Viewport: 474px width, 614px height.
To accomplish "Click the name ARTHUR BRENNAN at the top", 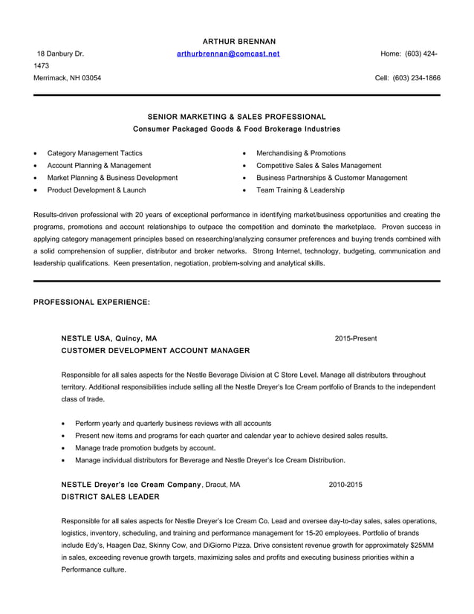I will [x=238, y=41].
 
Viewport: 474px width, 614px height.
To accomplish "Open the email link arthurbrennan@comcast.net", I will [x=228, y=54].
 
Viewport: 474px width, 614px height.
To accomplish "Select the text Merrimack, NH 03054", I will [x=68, y=78].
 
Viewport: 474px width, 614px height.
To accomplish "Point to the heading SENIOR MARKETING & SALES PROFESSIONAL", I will [x=236, y=117].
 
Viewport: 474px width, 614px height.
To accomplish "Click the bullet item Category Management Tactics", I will [x=94, y=153].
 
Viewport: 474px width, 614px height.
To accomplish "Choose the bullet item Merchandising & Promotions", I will [x=300, y=153].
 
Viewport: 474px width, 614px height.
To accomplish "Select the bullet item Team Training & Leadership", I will [x=299, y=190].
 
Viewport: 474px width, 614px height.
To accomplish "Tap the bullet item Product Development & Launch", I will [x=96, y=190].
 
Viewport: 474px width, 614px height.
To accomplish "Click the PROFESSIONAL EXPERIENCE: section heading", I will [x=92, y=303].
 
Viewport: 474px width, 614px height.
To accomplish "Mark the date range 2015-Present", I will [x=355, y=339].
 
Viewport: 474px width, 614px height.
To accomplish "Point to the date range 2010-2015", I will [x=345, y=485].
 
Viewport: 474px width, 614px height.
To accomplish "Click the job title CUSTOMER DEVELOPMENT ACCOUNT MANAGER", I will [x=155, y=350].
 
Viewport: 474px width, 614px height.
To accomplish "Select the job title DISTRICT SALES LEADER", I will [x=110, y=496].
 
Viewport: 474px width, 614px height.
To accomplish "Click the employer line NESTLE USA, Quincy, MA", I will [x=108, y=339].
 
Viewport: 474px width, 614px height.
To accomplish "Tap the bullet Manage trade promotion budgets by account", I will [x=145, y=448].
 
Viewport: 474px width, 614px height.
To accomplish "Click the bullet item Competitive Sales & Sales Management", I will [x=318, y=166].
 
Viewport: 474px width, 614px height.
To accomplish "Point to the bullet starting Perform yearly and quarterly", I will [x=172, y=423].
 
